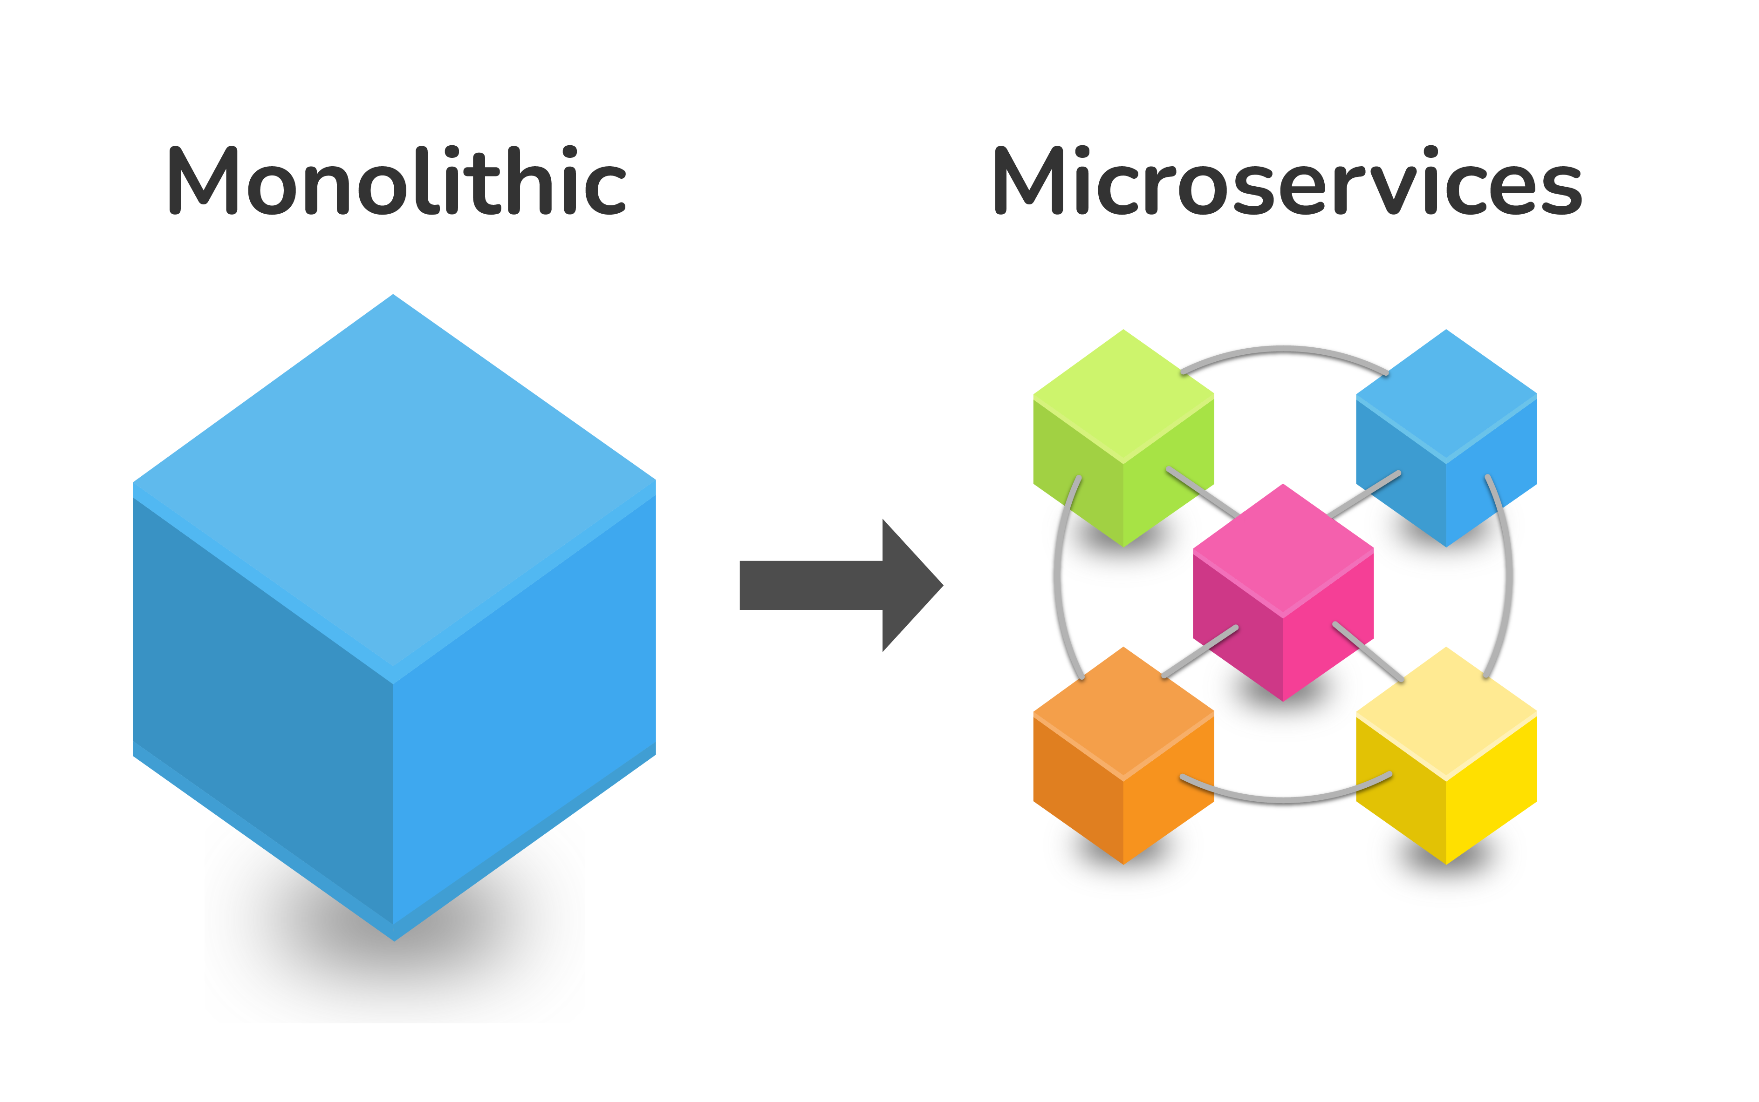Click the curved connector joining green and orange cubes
click(x=1057, y=576)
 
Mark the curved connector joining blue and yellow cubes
click(x=1508, y=576)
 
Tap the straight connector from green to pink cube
click(x=1203, y=492)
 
